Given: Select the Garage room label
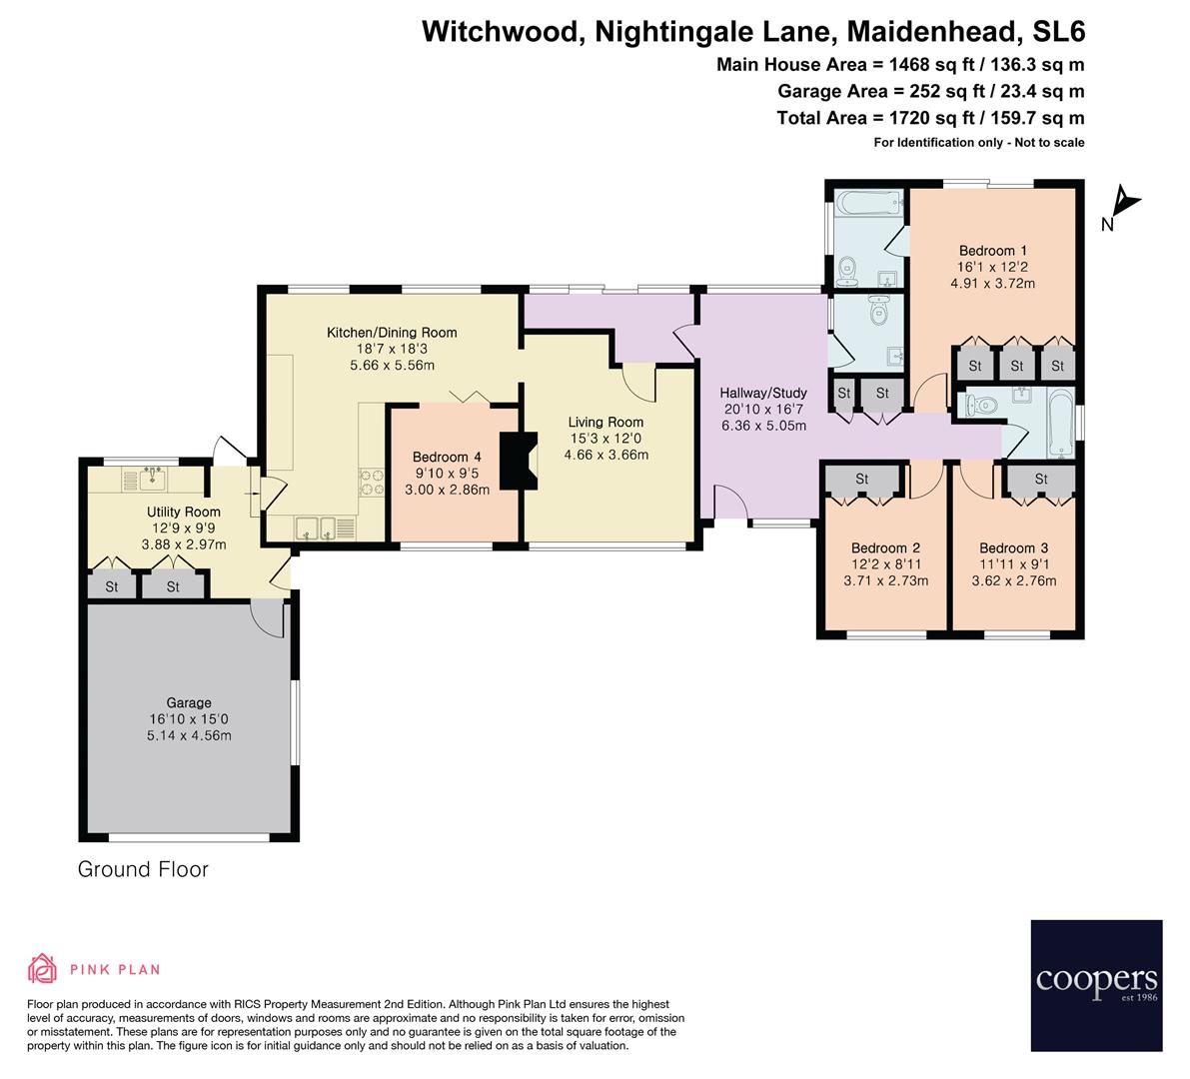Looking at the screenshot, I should pyautogui.click(x=189, y=702).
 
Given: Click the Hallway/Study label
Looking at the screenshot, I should pyautogui.click(x=763, y=393).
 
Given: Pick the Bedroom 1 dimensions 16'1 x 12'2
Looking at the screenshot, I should pyautogui.click(x=992, y=267).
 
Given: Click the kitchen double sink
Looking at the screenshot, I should pyautogui.click(x=316, y=527).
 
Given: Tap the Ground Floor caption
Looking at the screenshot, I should pyautogui.click(x=143, y=869).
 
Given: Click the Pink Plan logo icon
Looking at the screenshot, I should pyautogui.click(x=43, y=968).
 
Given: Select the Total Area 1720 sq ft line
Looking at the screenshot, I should pyautogui.click(x=930, y=118).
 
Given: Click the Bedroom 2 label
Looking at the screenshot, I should pyautogui.click(x=885, y=547).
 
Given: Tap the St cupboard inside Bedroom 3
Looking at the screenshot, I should pyautogui.click(x=1040, y=481).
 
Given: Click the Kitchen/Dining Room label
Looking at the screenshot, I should pyautogui.click(x=393, y=333).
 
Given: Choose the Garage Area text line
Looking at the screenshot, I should pyautogui.click(x=931, y=92).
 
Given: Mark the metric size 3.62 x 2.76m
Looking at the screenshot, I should pyautogui.click(x=1013, y=580).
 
